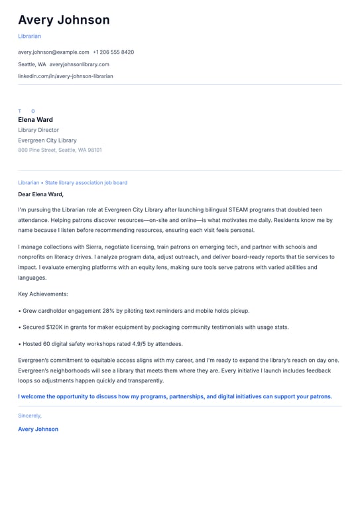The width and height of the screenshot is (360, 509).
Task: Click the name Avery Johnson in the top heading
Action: tap(64, 20)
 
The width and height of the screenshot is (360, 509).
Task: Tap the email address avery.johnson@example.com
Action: tap(53, 52)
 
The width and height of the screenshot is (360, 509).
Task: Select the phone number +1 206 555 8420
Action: tap(113, 52)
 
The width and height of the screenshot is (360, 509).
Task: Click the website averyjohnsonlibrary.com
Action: tap(79, 64)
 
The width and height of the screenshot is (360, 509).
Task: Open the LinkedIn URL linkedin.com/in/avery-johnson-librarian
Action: tap(65, 76)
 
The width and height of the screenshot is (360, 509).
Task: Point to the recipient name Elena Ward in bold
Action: tap(35, 120)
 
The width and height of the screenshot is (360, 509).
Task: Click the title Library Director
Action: tap(38, 131)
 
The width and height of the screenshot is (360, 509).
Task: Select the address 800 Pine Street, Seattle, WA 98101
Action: tap(60, 150)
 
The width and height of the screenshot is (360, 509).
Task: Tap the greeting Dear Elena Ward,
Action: tap(40, 194)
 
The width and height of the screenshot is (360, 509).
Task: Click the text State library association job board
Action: tap(86, 182)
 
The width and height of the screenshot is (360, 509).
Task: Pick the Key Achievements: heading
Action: tap(42, 294)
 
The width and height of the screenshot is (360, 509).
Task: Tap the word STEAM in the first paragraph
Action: tap(251, 209)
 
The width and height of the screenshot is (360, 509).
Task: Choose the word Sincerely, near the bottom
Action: tap(30, 416)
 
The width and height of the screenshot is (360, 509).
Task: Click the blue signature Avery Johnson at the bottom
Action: tap(38, 429)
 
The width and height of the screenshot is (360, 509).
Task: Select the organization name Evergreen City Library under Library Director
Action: tap(47, 141)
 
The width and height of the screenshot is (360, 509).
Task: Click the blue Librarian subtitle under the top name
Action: tap(29, 36)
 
